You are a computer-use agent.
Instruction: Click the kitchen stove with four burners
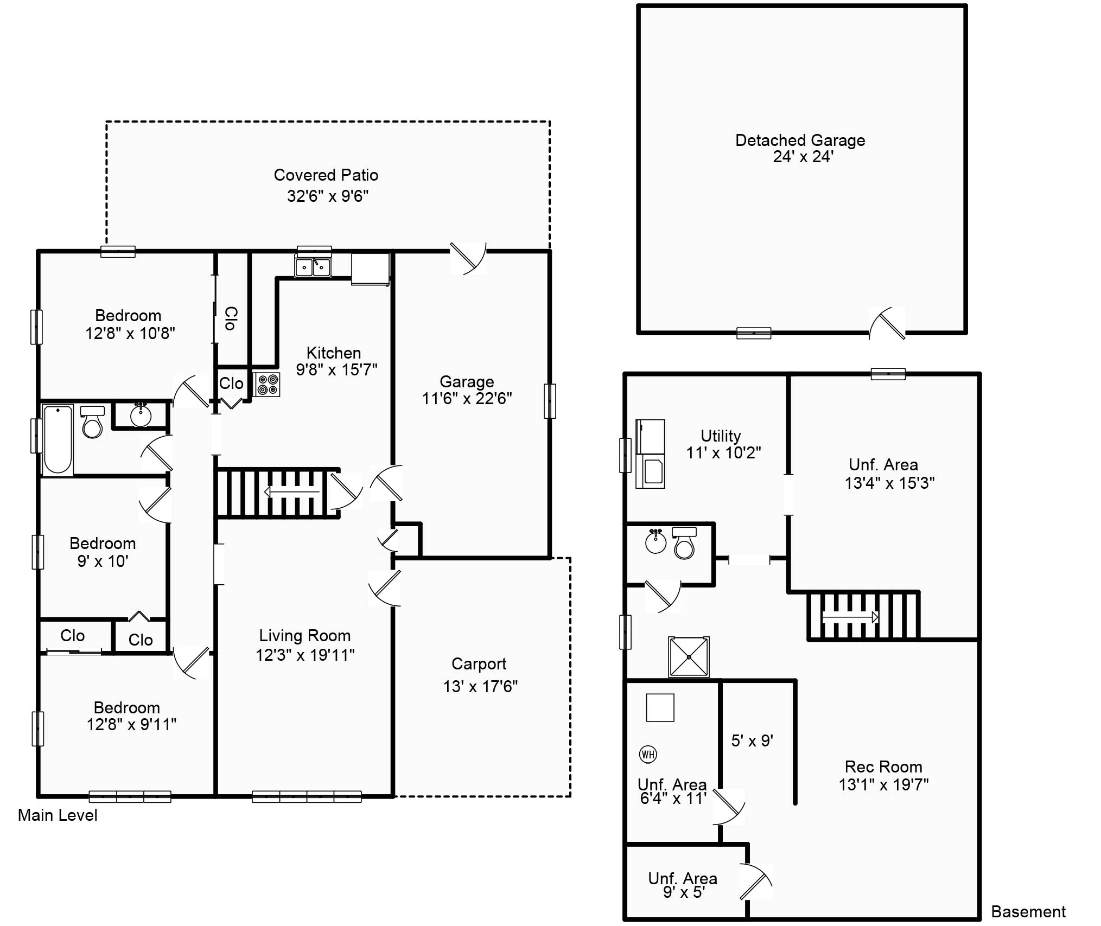[266, 385]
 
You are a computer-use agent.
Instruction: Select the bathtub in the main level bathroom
[58, 440]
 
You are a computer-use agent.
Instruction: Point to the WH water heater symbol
[648, 754]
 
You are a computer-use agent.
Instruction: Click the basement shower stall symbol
[689, 657]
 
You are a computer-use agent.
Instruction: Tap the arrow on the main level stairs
[291, 492]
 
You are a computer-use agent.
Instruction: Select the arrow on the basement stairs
[850, 617]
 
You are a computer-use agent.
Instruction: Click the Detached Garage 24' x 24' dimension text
[803, 157]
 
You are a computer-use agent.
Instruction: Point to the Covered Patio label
[326, 175]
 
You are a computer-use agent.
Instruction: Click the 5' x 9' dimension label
[752, 741]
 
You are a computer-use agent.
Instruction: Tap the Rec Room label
[883, 767]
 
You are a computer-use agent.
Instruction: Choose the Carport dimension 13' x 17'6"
[480, 687]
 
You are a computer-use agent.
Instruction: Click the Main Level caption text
[58, 815]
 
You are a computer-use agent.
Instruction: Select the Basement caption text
[1028, 912]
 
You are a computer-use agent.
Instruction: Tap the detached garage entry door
[887, 324]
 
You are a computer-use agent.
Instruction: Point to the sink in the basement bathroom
[656, 542]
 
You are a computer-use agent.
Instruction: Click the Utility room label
[721, 436]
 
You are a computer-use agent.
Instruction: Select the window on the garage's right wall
[550, 401]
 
